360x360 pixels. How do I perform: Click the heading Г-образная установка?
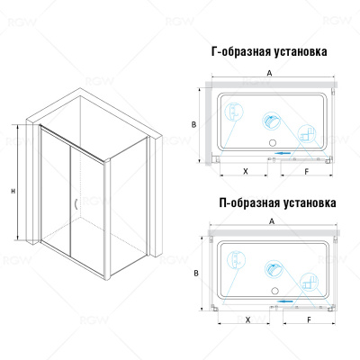pyautogui.click(x=269, y=51)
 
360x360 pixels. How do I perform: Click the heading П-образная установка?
pyautogui.click(x=277, y=203)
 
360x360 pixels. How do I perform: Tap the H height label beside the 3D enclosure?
pyautogui.click(x=13, y=191)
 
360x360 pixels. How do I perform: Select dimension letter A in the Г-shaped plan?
pyautogui.click(x=270, y=73)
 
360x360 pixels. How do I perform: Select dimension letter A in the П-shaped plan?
pyautogui.click(x=272, y=221)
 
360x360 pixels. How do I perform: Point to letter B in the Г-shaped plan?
pyautogui.click(x=193, y=124)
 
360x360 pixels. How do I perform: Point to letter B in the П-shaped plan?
pyautogui.click(x=196, y=274)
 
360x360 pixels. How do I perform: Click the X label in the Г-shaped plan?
pyautogui.click(x=246, y=171)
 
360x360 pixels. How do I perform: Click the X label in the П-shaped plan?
pyautogui.click(x=247, y=320)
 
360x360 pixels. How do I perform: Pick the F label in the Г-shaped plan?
pyautogui.click(x=306, y=172)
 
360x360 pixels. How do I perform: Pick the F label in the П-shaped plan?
pyautogui.click(x=309, y=320)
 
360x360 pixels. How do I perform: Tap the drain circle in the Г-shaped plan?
pyautogui.click(x=273, y=143)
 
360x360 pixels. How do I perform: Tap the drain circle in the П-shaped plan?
pyautogui.click(x=274, y=291)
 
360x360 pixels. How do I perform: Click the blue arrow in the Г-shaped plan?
pyautogui.click(x=283, y=153)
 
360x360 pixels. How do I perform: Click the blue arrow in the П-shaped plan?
pyautogui.click(x=284, y=301)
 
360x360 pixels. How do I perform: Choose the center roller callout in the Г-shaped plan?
pyautogui.click(x=273, y=121)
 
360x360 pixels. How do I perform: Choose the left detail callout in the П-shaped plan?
pyautogui.click(x=237, y=260)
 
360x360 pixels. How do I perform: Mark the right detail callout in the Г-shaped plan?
pyautogui.click(x=307, y=134)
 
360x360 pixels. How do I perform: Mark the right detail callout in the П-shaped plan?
pyautogui.click(x=310, y=282)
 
